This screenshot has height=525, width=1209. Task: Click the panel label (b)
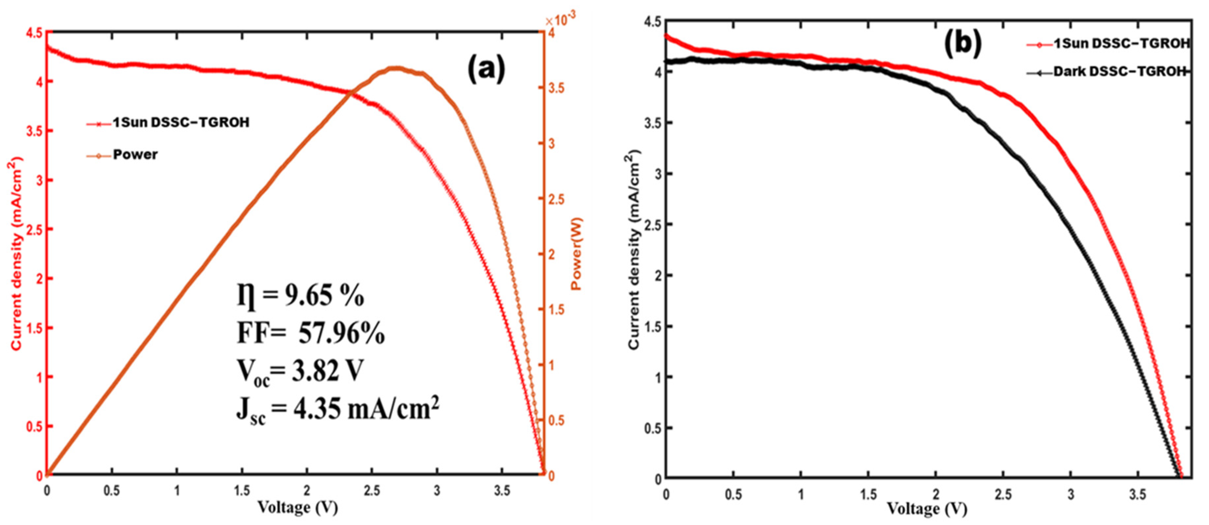pos(962,44)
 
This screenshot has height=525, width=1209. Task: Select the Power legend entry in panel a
pos(135,155)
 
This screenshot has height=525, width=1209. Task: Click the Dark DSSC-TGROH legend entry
pos(1119,72)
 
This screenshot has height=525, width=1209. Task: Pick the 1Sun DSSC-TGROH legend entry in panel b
pos(1119,44)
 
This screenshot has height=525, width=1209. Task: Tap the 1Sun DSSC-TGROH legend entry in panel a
pos(181,123)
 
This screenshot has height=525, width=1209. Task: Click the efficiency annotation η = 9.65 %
pos(301,297)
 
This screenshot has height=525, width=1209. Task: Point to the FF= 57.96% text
pos(311,334)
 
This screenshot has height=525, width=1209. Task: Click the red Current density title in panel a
pos(17,253)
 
